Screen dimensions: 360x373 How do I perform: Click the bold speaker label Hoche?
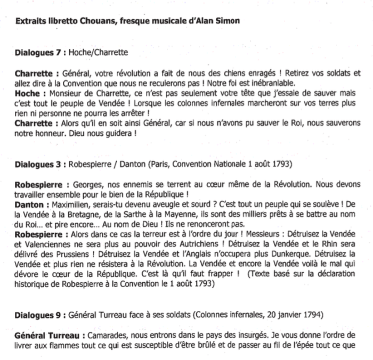point(26,92)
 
